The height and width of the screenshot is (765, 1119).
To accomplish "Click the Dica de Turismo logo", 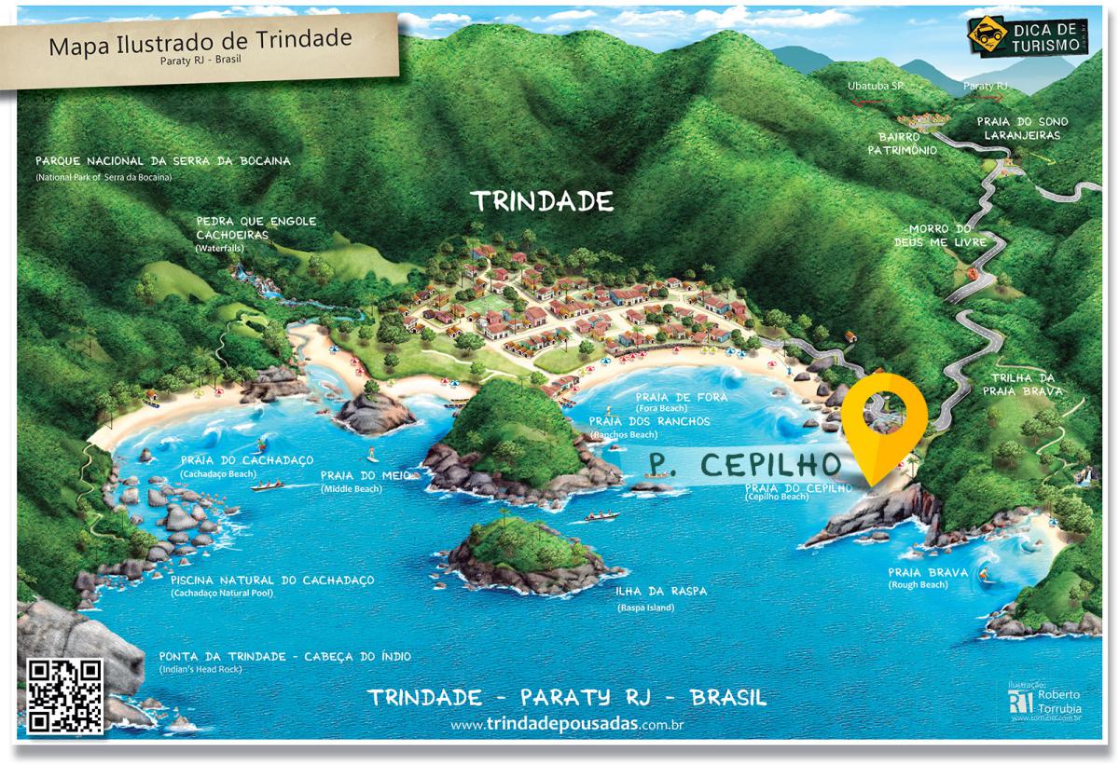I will coord(1025,35).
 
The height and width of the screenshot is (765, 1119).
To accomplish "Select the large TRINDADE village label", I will coord(542,201).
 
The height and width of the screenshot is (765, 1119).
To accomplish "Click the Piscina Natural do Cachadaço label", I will coord(272,581).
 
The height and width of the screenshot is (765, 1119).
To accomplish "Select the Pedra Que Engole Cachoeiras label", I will coord(256,228).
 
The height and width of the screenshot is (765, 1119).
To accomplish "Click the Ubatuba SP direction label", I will coord(876,86).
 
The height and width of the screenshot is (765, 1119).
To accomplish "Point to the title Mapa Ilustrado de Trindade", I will coord(200,43).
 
